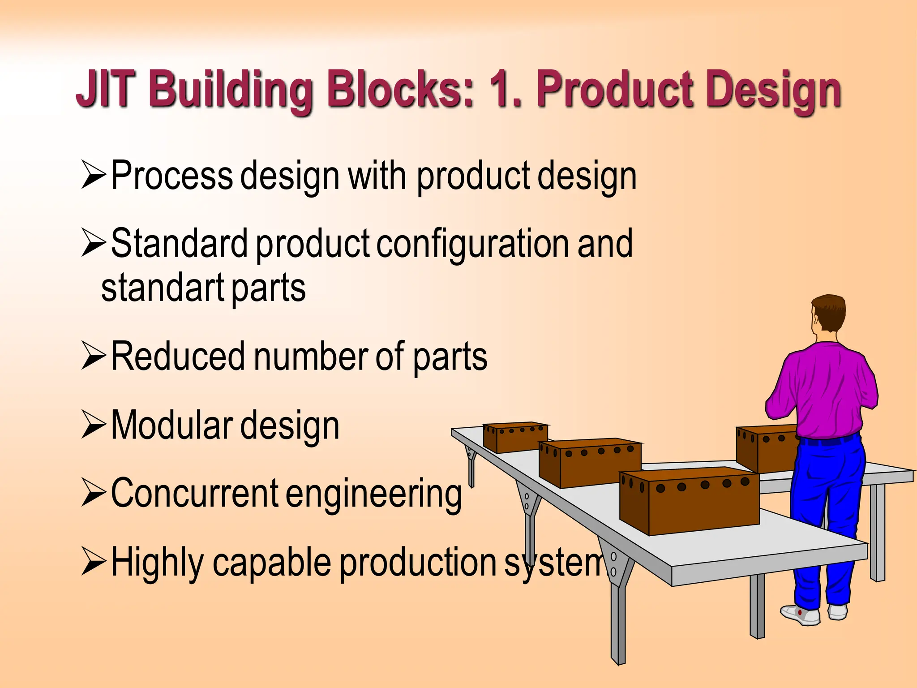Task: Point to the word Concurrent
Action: (x=194, y=493)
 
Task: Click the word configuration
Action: (x=473, y=244)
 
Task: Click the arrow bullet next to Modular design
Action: (x=94, y=425)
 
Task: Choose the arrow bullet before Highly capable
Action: (x=94, y=563)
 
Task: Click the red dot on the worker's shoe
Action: (x=800, y=611)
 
